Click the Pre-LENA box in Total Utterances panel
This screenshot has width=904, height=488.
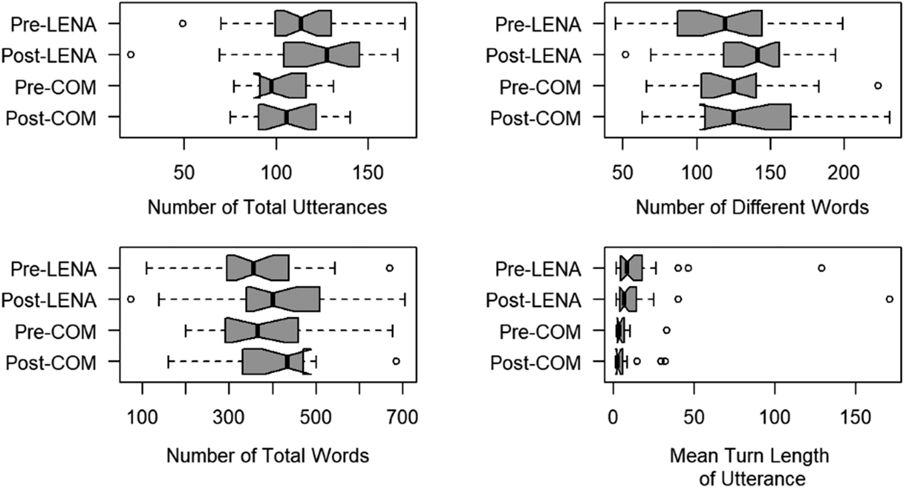tap(303, 23)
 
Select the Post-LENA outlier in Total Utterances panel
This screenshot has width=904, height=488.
tap(131, 54)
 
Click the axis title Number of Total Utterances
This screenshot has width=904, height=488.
tap(267, 208)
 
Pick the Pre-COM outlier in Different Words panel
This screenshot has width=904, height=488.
tap(878, 85)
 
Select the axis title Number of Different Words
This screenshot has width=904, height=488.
tap(752, 208)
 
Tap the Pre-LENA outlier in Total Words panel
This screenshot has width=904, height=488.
tap(389, 268)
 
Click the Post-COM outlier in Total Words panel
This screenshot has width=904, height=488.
tap(396, 361)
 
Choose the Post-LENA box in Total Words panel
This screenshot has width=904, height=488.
tap(283, 299)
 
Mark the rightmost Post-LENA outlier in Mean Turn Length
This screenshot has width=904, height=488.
tap(889, 299)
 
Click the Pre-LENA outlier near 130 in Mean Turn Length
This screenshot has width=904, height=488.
tap(821, 268)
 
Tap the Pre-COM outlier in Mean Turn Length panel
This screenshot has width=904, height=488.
tap(666, 330)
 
